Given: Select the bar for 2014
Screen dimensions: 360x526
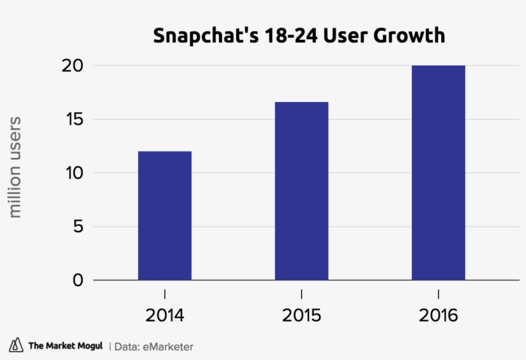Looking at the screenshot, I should [x=164, y=216].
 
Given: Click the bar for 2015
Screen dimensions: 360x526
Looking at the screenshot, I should [x=301, y=191].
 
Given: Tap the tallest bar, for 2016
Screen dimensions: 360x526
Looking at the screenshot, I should [x=438, y=173].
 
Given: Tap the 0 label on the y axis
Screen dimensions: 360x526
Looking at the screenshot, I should [x=77, y=280].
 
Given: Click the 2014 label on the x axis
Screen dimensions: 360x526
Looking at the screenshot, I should [x=165, y=316].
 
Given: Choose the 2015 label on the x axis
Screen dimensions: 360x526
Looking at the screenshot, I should [x=301, y=316].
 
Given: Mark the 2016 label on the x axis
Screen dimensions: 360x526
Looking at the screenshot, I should [x=439, y=316].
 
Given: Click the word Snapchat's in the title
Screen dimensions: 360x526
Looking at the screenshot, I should [x=201, y=35].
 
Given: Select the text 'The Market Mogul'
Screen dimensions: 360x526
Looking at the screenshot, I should [x=65, y=347].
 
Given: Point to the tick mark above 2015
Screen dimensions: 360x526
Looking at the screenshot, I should [x=301, y=294].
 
